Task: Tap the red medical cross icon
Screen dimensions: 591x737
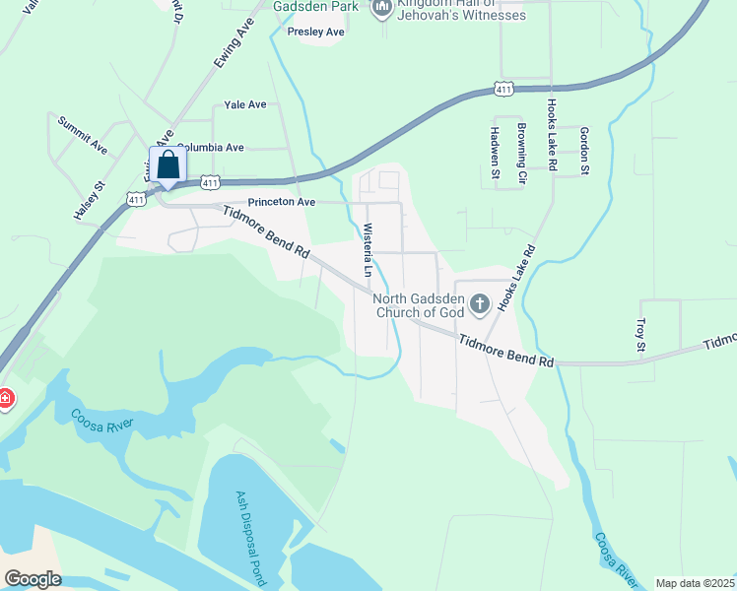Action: tap(4, 399)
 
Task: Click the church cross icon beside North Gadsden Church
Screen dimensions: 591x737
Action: tap(480, 303)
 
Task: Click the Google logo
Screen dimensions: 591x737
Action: tap(32, 579)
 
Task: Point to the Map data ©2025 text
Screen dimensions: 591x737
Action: tap(695, 583)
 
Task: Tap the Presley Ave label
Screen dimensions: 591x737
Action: tap(315, 32)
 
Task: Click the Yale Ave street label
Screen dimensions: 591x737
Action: tap(245, 104)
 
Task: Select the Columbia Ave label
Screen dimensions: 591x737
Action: tap(210, 148)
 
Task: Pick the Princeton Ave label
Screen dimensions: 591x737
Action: tap(281, 202)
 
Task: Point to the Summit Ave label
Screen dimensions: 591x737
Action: tap(82, 134)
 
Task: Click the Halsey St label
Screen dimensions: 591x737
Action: tap(88, 200)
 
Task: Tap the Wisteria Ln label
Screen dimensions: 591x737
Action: tap(368, 249)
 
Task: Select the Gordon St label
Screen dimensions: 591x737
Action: tap(583, 152)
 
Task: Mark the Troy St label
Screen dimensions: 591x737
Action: tap(639, 335)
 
